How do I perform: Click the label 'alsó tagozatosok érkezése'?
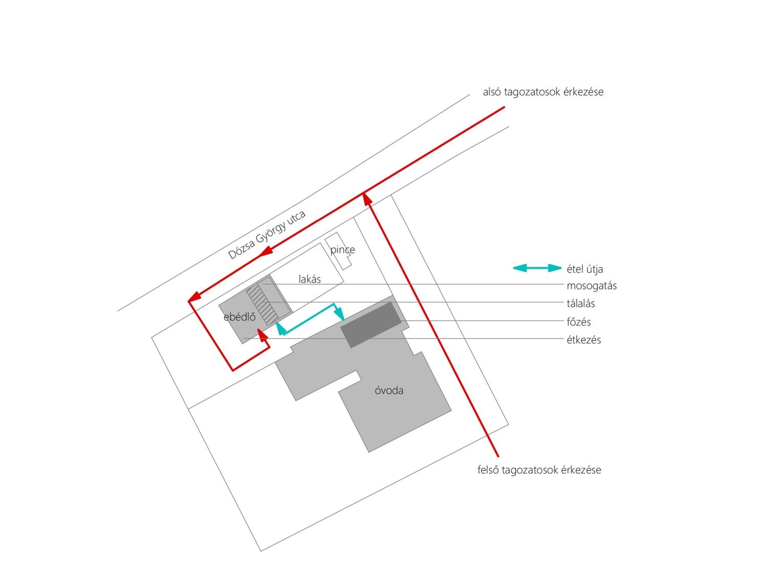pyautogui.click(x=543, y=92)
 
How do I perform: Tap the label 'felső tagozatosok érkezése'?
pyautogui.click(x=539, y=470)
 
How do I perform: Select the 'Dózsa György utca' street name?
pyautogui.click(x=267, y=235)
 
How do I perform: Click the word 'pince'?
pyautogui.click(x=342, y=250)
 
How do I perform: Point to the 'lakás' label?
pyautogui.click(x=310, y=279)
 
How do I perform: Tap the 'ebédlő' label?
pyautogui.click(x=239, y=317)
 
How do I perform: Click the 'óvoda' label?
pyautogui.click(x=389, y=391)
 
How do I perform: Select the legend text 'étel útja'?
pyautogui.click(x=584, y=269)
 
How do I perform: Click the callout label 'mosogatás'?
pyautogui.click(x=592, y=286)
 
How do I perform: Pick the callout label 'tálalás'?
pyautogui.click(x=580, y=303)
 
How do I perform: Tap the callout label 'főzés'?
pyautogui.click(x=578, y=322)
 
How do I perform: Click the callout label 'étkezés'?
pyautogui.click(x=584, y=340)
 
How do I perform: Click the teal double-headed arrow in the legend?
pyautogui.click(x=537, y=268)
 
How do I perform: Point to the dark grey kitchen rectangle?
pyautogui.click(x=371, y=325)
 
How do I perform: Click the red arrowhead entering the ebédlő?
pyautogui.click(x=262, y=335)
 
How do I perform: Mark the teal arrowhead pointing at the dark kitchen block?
pyautogui.click(x=340, y=314)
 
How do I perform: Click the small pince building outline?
pyautogui.click(x=338, y=251)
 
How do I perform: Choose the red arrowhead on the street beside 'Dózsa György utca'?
pyautogui.click(x=266, y=251)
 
